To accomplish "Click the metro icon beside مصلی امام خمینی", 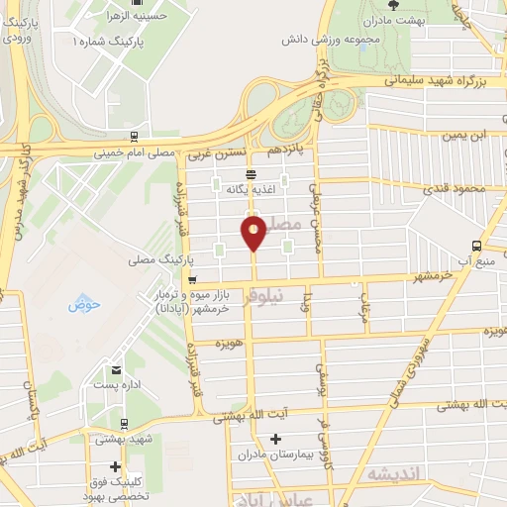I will [134, 137].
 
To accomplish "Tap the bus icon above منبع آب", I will [476, 246].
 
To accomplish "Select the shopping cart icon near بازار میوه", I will [192, 279].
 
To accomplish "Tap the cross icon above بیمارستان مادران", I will [275, 439].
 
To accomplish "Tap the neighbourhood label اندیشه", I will [393, 474].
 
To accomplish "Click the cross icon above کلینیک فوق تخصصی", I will [116, 465].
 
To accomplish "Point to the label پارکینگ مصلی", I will [156, 260].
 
